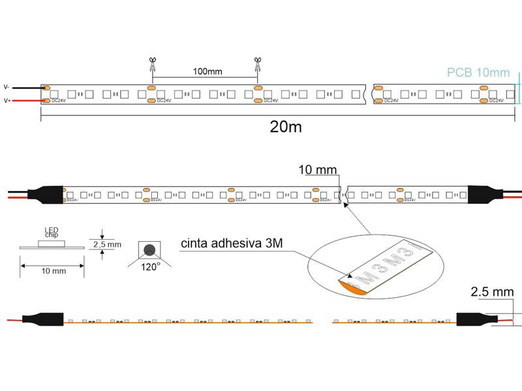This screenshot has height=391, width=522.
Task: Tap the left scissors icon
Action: tap(152, 65)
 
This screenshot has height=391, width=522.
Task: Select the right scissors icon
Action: tap(258, 65)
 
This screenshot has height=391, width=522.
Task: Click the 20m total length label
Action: tap(286, 127)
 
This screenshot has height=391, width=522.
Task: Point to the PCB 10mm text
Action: tap(478, 72)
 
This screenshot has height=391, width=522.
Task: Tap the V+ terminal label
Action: tap(7, 101)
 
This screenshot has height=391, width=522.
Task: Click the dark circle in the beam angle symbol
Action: tap(150, 250)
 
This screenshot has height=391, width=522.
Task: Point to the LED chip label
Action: tap(51, 233)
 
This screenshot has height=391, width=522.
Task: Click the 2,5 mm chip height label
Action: tap(108, 244)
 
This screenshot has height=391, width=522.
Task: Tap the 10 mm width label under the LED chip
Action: tap(52, 270)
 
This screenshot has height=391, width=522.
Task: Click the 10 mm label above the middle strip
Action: tap(318, 171)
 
